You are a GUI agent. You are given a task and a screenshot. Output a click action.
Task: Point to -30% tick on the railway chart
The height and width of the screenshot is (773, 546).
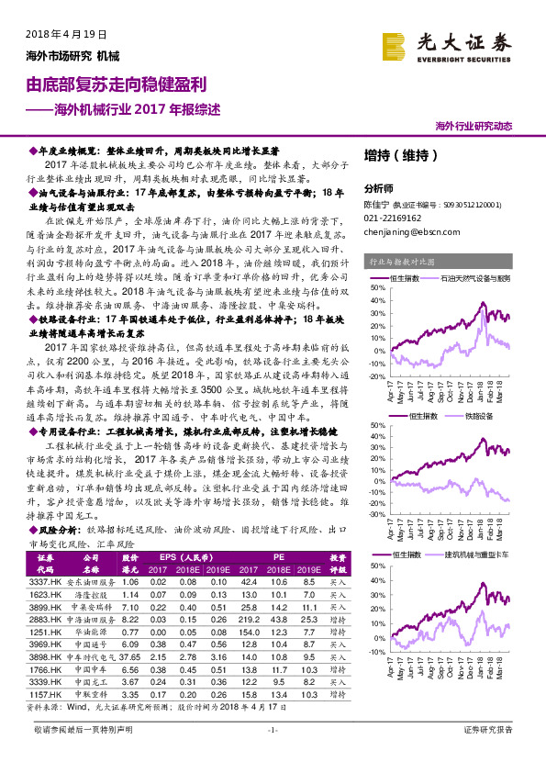click(379, 514)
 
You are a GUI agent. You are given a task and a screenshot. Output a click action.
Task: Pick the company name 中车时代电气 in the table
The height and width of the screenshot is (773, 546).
click(92, 657)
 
